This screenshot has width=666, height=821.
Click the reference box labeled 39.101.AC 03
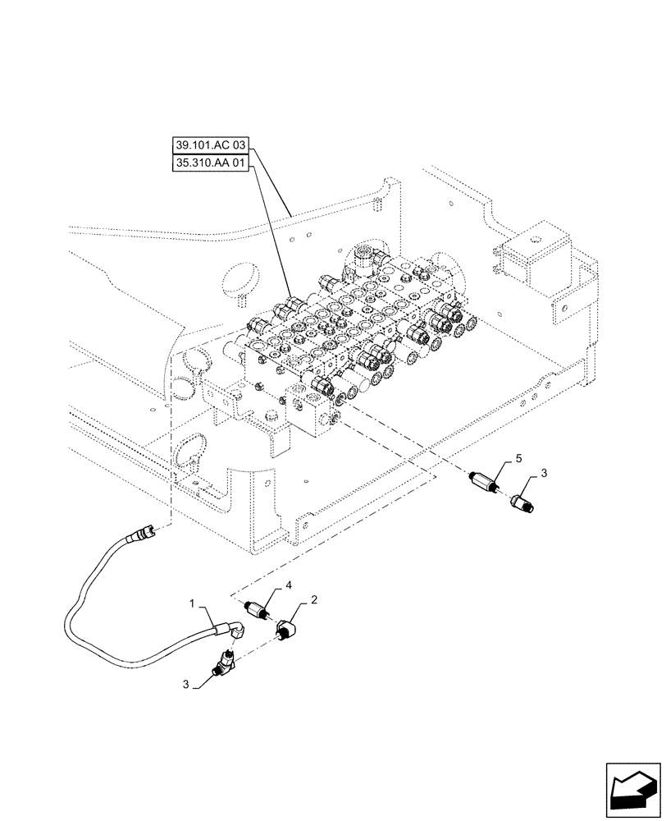click(209, 147)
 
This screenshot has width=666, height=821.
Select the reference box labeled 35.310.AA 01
click(209, 163)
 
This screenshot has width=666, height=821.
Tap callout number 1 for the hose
click(194, 604)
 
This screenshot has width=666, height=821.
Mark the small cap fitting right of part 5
click(522, 501)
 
